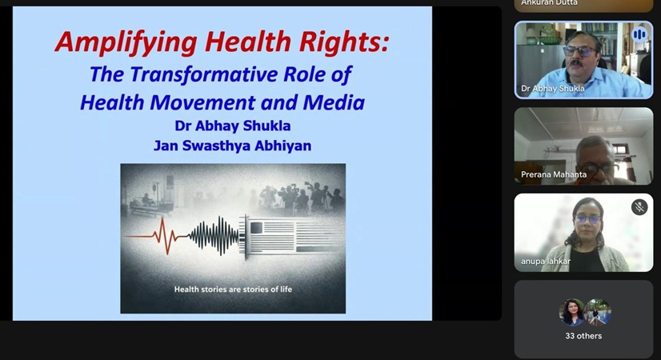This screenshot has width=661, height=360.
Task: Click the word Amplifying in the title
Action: click(x=126, y=42)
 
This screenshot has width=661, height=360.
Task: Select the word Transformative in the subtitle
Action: click(x=203, y=75)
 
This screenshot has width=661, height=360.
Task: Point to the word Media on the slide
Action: click(x=334, y=102)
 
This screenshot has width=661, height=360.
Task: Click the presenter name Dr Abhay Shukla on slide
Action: click(x=233, y=126)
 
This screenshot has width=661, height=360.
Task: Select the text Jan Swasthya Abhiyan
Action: click(x=233, y=146)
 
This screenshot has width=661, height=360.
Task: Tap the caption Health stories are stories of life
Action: click(x=233, y=289)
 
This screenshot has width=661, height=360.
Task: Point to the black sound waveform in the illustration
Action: click(x=214, y=236)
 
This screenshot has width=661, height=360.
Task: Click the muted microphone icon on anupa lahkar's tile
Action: click(x=639, y=207)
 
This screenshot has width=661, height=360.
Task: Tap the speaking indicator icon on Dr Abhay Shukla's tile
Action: click(x=639, y=34)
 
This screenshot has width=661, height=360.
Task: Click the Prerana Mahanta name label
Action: click(x=554, y=174)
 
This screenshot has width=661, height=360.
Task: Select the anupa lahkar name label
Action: click(x=546, y=262)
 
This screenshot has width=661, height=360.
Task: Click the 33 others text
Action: click(x=583, y=336)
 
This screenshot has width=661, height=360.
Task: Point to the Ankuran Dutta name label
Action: click(x=549, y=3)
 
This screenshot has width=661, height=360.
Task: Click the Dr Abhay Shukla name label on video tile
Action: click(x=553, y=89)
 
